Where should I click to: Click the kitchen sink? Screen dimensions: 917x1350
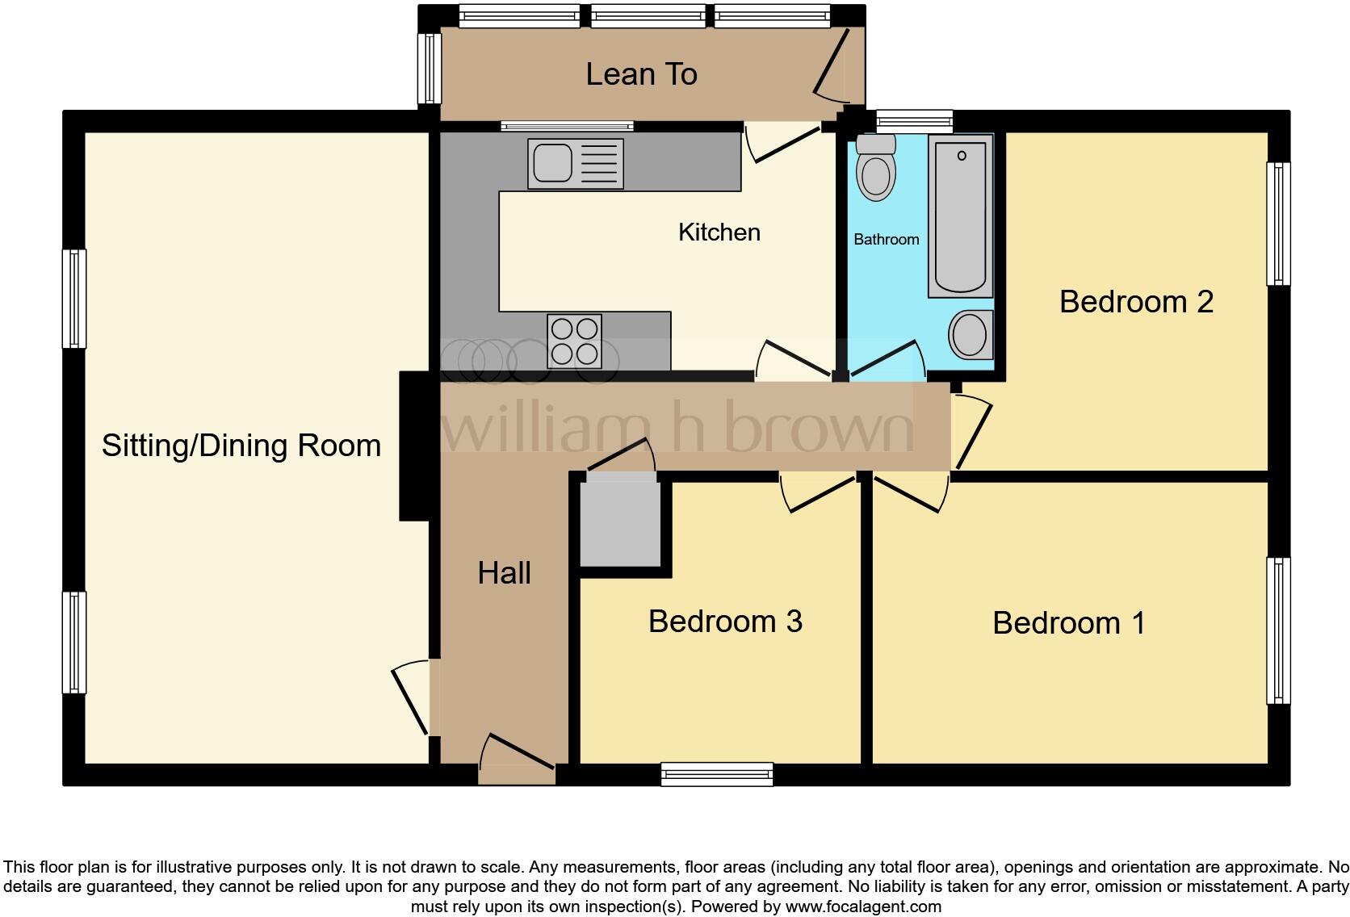tap(575, 164)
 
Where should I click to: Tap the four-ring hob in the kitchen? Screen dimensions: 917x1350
tap(574, 341)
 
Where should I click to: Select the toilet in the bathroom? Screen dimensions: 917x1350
tap(876, 169)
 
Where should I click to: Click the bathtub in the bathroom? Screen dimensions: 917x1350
tap(961, 216)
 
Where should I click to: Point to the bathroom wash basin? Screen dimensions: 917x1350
tap(970, 335)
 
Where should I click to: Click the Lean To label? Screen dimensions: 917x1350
tap(641, 74)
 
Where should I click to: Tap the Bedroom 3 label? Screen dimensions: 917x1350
tap(725, 622)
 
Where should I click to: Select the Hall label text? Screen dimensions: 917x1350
tap(504, 573)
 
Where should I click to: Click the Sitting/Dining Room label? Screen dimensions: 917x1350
tap(241, 446)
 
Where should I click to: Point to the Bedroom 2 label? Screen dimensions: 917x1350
tap(1136, 302)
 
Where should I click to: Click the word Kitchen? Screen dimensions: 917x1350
tap(719, 232)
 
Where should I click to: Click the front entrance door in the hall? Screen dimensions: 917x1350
tap(517, 759)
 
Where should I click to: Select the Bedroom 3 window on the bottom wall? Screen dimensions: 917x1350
tap(717, 774)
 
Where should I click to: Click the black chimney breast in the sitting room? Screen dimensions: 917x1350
tap(414, 446)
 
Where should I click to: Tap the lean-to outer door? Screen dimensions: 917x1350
tap(832, 65)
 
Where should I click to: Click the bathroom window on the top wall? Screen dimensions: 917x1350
tap(914, 122)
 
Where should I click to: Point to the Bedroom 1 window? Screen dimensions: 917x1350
tap(1278, 630)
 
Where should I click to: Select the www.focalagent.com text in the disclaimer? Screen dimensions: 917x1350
tap(862, 907)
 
